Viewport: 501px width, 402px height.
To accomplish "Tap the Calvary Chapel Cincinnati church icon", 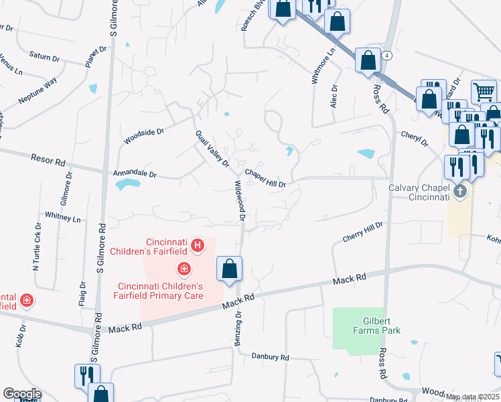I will [x=459, y=192].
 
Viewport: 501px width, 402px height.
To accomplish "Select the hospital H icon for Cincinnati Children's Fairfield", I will [x=197, y=247].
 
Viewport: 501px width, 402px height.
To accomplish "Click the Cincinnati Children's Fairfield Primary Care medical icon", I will [x=183, y=269].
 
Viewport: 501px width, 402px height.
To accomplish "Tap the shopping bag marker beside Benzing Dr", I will [x=229, y=269].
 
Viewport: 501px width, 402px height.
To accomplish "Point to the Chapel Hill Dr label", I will [x=266, y=178].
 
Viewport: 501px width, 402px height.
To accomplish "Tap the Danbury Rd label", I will [x=271, y=357].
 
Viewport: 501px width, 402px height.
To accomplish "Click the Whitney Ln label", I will [x=62, y=217].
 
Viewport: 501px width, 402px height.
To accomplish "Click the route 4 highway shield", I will [x=387, y=56].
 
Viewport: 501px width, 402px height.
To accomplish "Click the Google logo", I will [x=22, y=394].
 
